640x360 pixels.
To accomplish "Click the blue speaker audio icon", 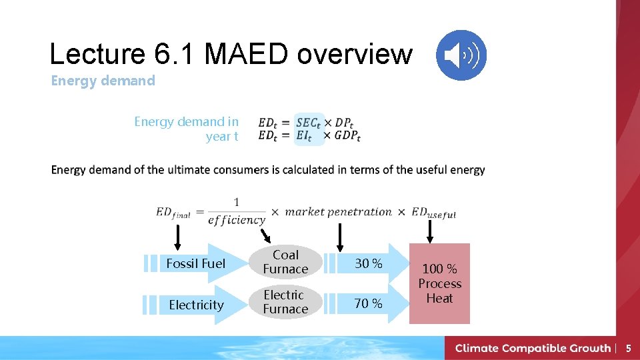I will [461, 55].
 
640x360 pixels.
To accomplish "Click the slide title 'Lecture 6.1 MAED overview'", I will [231, 54].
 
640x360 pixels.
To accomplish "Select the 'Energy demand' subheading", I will [103, 81].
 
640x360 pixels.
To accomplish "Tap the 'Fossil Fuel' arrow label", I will [195, 263].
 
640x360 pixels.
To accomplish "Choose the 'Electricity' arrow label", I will [196, 305].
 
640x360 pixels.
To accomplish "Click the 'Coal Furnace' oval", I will [285, 262].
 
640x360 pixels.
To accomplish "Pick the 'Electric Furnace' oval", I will [285, 302].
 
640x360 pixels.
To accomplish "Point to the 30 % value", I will [368, 263].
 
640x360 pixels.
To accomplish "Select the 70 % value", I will [368, 304].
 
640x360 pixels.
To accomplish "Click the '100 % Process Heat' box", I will [439, 283].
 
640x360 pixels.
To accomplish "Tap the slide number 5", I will [627, 348].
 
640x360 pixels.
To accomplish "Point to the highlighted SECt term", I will [308, 123].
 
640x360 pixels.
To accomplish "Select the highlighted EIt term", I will [304, 136].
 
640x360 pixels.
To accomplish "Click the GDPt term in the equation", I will [347, 136].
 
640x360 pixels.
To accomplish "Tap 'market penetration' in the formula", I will [339, 212].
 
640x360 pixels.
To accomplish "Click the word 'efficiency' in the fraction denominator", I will [237, 220].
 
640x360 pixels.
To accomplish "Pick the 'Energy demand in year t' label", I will [186, 129].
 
